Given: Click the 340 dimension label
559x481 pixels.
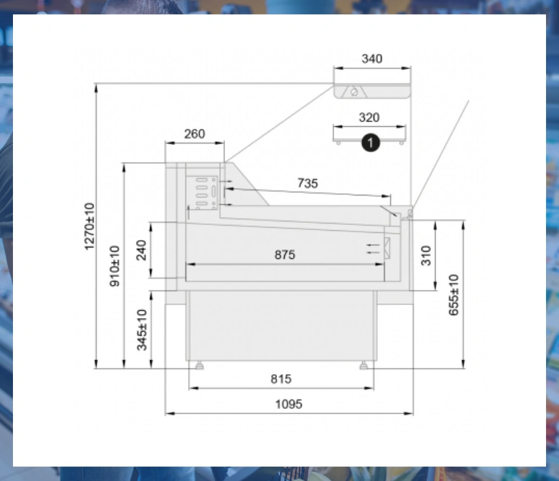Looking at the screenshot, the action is (x=372, y=58).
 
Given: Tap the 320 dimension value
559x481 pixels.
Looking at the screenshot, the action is (x=369, y=118).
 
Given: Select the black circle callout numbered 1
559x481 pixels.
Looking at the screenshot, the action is (x=371, y=143).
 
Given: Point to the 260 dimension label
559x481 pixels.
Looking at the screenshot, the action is (x=195, y=133).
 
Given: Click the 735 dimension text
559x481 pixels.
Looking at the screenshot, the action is (x=308, y=183).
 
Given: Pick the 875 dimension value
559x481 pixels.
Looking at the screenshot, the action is (x=285, y=255).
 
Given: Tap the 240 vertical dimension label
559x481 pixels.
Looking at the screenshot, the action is (x=141, y=250).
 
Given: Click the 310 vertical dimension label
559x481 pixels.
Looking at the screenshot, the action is (x=426, y=255).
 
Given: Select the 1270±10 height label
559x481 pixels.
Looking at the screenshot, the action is (x=89, y=226).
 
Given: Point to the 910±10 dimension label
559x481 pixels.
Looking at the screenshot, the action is (x=115, y=266).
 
